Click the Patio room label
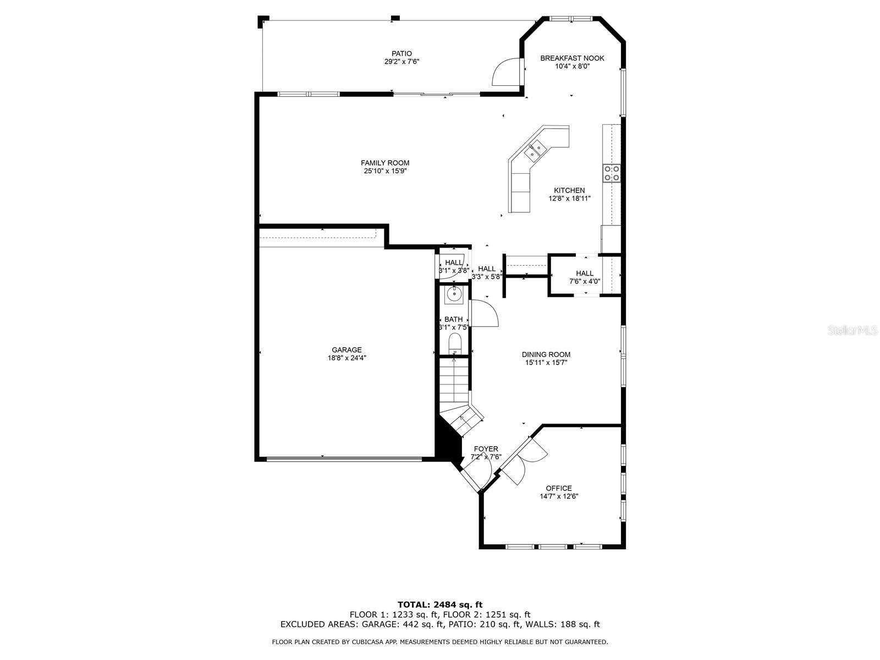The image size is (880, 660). [405, 53]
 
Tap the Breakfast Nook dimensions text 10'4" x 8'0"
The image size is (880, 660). [572, 66]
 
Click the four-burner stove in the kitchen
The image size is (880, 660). [612, 173]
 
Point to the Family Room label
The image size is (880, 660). [385, 163]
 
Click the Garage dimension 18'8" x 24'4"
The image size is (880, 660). [346, 358]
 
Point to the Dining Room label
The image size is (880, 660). [546, 355]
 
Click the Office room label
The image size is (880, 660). [559, 488]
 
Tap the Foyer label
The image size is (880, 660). [486, 449]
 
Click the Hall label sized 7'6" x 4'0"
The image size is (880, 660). [585, 273]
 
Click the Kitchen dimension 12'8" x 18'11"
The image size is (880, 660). [569, 199]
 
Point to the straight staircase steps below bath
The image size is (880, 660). [454, 380]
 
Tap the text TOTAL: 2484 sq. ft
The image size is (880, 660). [440, 604]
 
